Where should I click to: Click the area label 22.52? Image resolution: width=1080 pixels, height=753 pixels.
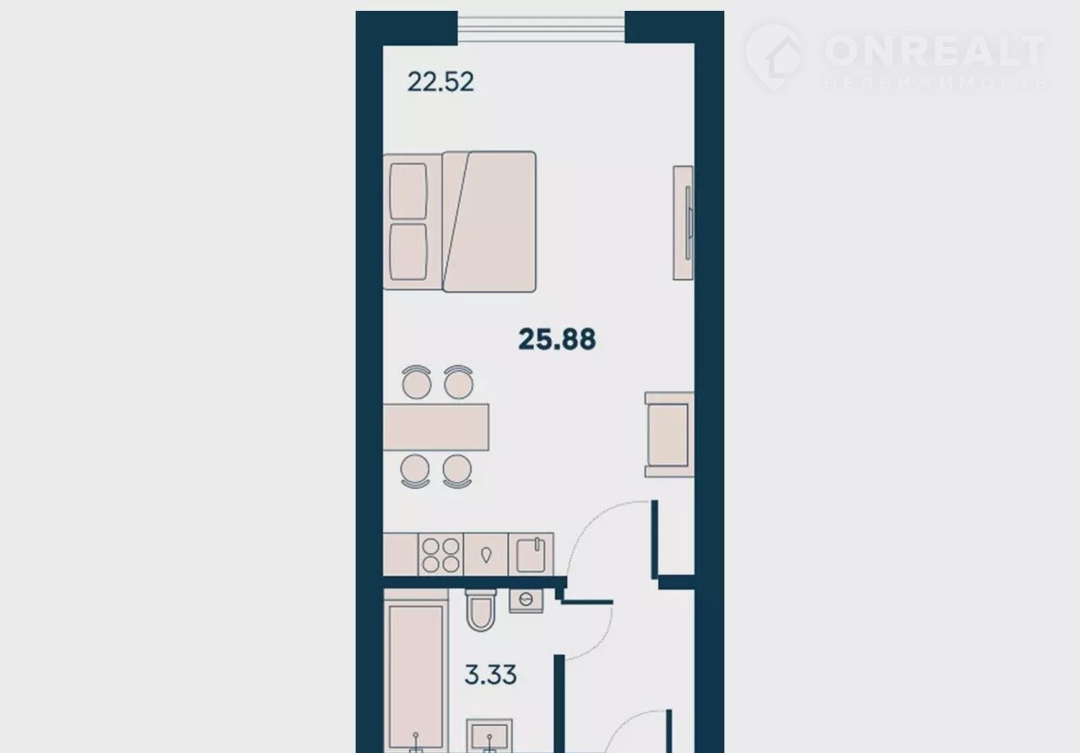tap(440, 82)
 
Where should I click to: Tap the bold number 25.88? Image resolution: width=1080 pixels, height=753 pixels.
tap(557, 339)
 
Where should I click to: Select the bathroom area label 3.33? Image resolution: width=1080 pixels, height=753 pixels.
tap(490, 675)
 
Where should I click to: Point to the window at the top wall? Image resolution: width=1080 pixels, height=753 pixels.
tap(541, 29)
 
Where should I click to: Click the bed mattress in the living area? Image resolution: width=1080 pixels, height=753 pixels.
tap(489, 222)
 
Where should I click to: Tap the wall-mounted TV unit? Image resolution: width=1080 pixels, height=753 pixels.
tap(683, 223)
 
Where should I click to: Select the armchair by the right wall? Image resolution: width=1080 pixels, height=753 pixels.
tap(669, 434)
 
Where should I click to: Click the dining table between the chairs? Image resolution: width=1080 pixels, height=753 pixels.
tap(436, 428)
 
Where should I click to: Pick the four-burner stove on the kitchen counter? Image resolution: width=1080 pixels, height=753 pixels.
tap(440, 555)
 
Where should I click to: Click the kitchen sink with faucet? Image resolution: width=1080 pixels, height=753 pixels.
tap(531, 555)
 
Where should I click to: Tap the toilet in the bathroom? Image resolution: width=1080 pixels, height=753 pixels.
tap(481, 610)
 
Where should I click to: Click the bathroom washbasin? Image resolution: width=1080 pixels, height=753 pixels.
tap(489, 735)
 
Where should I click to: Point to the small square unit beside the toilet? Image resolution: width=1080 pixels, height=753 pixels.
tap(526, 600)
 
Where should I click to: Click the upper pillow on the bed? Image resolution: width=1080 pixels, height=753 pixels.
tap(408, 191)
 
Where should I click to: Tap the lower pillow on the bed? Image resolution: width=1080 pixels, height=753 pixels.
tap(408, 251)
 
